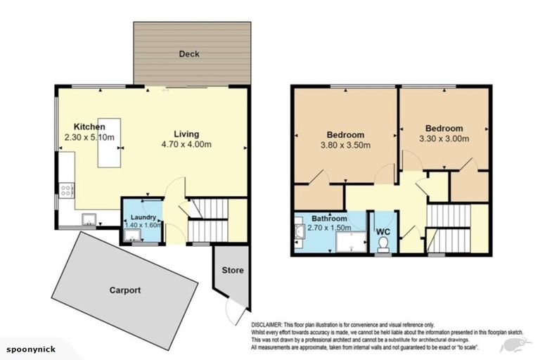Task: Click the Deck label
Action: [190, 53]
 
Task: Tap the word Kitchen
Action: [89, 127]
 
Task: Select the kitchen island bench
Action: [108, 143]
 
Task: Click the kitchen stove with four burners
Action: [67, 189]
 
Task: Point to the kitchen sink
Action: [89, 217]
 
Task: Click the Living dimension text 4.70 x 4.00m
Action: [186, 144]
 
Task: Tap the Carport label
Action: [124, 290]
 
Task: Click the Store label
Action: [233, 270]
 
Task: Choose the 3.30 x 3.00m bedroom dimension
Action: [444, 139]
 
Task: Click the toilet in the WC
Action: [383, 243]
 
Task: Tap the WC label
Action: [383, 231]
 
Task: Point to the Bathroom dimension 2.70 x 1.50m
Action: [330, 228]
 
